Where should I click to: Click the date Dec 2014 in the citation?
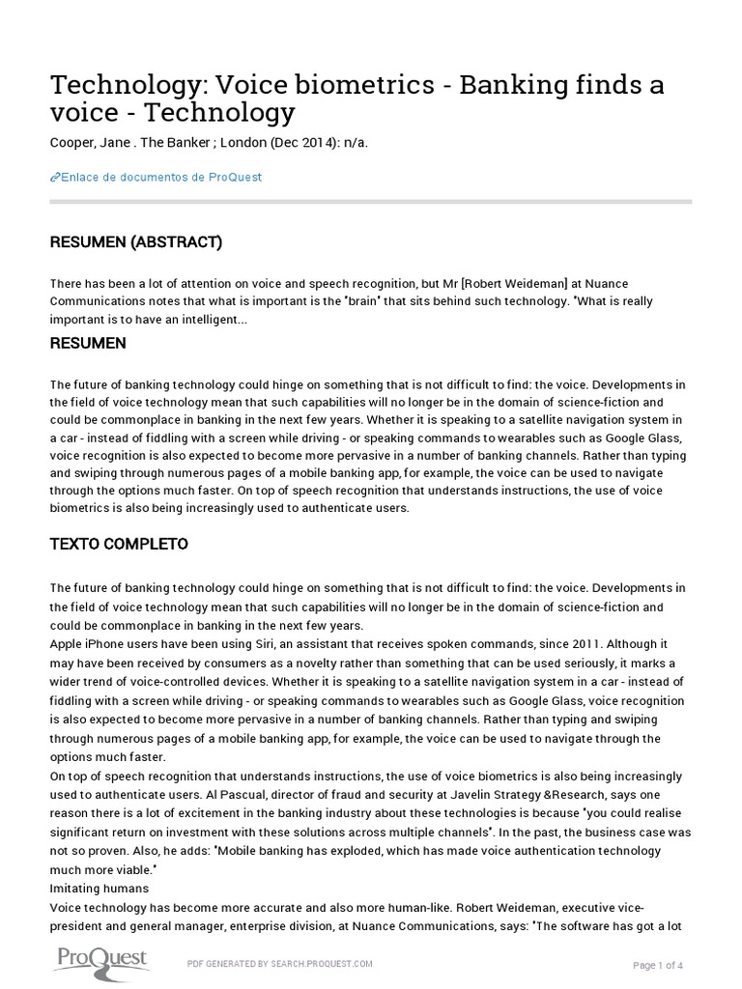(x=302, y=142)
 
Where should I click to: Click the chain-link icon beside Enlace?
(x=54, y=177)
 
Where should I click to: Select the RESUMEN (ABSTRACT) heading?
(x=135, y=242)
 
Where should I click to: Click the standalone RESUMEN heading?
(x=88, y=343)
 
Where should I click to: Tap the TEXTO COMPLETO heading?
(x=119, y=544)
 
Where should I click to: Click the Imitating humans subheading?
(x=99, y=888)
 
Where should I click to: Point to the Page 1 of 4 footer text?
(x=658, y=965)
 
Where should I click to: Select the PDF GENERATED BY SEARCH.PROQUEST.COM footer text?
(x=279, y=964)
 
